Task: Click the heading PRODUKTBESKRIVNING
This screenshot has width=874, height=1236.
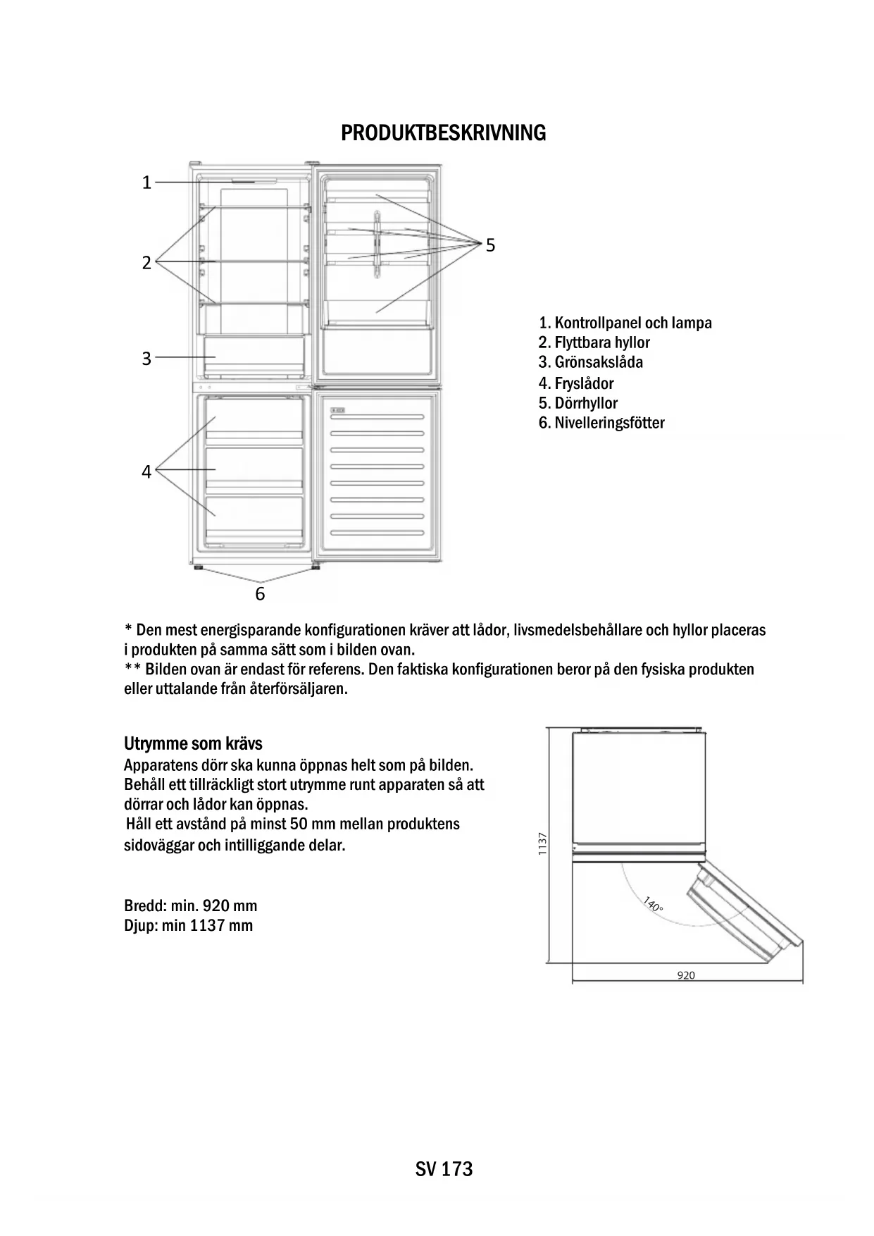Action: (x=443, y=132)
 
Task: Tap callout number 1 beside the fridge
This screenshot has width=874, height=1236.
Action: (x=146, y=183)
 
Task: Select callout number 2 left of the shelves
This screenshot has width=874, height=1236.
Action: (x=146, y=263)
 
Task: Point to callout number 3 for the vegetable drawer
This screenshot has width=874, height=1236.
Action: (x=146, y=358)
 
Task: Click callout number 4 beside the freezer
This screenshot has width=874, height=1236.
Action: (x=146, y=471)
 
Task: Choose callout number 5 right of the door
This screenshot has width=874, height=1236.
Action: (x=490, y=245)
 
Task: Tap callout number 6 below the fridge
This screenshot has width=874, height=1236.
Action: (x=260, y=594)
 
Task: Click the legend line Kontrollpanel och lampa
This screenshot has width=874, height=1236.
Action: (x=625, y=323)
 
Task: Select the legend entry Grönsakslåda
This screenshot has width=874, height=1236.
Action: (x=591, y=362)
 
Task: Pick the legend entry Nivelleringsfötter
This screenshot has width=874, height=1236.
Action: (x=601, y=423)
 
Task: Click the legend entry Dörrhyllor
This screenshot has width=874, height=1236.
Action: (x=578, y=403)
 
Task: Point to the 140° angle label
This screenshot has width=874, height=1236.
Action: (x=653, y=904)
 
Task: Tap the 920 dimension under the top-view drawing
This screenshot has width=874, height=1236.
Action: (x=686, y=975)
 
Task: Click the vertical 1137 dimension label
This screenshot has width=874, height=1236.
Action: (x=542, y=843)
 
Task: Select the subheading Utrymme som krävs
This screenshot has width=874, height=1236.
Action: (x=193, y=743)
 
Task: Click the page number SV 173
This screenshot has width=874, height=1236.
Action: (x=444, y=1169)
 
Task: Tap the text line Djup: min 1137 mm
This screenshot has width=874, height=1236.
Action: (x=188, y=925)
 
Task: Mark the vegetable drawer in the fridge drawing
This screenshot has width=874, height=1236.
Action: (x=254, y=357)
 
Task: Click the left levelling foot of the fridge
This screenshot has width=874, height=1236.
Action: (x=198, y=567)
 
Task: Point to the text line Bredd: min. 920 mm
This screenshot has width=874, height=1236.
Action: (x=190, y=906)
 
